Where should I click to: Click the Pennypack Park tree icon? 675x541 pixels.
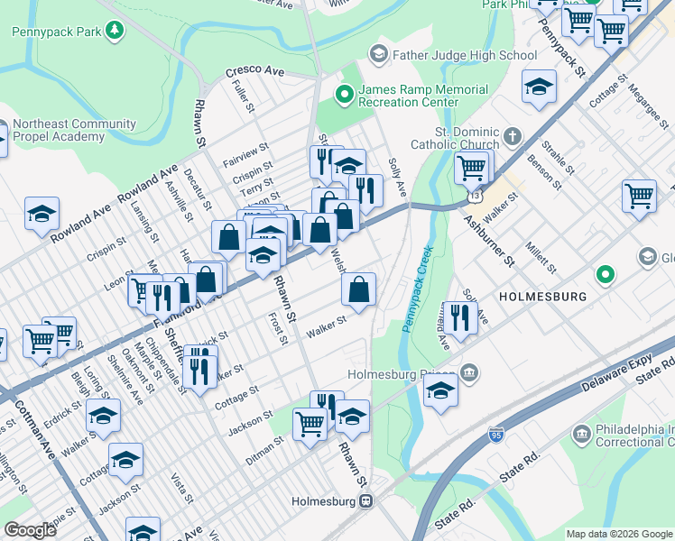pyautogui.click(x=115, y=32)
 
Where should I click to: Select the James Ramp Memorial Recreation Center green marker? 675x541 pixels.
pyautogui.click(x=344, y=93)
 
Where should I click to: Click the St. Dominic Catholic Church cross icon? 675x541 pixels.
pyautogui.click(x=512, y=137)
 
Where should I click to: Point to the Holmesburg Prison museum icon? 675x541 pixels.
pyautogui.click(x=468, y=372)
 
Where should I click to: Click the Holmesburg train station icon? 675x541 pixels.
pyautogui.click(x=365, y=502)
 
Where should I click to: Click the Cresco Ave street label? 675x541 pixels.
pyautogui.click(x=254, y=70)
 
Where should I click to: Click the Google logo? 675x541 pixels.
pyautogui.click(x=31, y=529)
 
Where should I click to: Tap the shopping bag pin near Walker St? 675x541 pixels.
pyautogui.click(x=359, y=289)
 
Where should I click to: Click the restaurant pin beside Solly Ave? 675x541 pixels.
pyautogui.click(x=460, y=317)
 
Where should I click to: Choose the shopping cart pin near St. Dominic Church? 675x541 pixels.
pyautogui.click(x=471, y=167)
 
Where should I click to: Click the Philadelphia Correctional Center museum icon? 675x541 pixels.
pyautogui.click(x=582, y=436)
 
